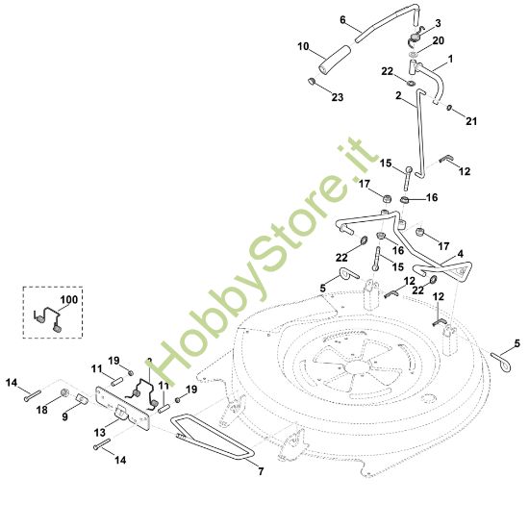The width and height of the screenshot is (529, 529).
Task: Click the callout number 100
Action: point(69,299)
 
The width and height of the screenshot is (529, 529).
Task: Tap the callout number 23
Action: point(338,97)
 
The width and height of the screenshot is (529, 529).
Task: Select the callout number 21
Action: point(471,121)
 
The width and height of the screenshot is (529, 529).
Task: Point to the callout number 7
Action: point(261,471)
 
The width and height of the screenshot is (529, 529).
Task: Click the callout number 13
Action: point(100,432)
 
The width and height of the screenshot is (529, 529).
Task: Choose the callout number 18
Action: point(41,410)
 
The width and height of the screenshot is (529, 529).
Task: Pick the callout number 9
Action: point(64,416)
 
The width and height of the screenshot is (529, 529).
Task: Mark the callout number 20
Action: point(439,40)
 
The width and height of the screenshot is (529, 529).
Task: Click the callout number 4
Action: point(460,254)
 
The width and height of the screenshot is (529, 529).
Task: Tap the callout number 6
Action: point(342,20)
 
